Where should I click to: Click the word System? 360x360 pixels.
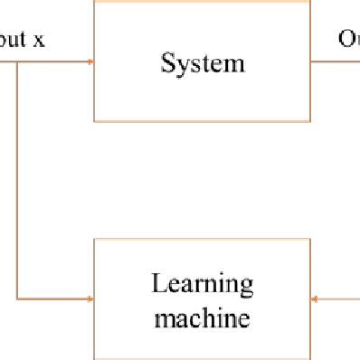[203, 63]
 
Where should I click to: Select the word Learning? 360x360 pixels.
[203, 286]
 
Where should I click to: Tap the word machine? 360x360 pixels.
[203, 317]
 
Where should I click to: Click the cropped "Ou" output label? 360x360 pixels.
[348, 39]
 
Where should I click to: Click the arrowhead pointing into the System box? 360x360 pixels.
[90, 62]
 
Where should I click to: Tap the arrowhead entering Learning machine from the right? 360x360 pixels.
[315, 298]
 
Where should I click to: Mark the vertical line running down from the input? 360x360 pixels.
[16, 181]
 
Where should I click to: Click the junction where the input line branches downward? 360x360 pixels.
[16, 62]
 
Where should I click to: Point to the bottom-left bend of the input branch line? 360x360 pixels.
[16, 298]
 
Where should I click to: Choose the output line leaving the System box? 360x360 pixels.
[335, 62]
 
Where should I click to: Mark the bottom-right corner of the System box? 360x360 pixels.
[310, 120]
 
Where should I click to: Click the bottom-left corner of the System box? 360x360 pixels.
[95, 120]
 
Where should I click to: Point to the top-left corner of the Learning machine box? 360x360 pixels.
[95, 240]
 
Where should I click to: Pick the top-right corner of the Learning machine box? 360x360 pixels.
[310, 240]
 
